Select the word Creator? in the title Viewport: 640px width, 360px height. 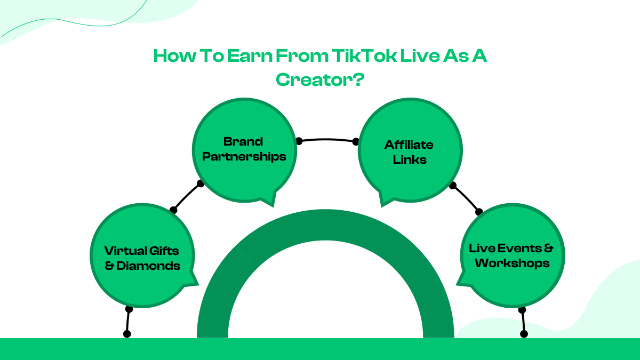(x=320, y=79)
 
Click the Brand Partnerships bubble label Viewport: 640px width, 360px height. (x=243, y=149)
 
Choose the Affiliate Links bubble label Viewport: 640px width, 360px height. (x=409, y=152)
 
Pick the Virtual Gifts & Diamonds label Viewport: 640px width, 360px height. (x=142, y=258)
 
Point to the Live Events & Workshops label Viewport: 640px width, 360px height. (x=511, y=255)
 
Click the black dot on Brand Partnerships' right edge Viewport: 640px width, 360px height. (x=299, y=141)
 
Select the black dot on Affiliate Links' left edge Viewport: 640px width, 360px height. (x=356, y=141)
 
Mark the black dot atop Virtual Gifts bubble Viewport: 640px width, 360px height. (x=173, y=210)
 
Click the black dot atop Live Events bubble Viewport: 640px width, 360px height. (x=479, y=212)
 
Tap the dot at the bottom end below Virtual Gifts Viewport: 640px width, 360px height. (x=127, y=334)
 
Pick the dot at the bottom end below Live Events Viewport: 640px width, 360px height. (x=524, y=334)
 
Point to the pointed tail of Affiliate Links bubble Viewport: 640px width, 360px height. (x=382, y=203)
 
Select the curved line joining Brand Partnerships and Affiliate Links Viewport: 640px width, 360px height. (x=327, y=139)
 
